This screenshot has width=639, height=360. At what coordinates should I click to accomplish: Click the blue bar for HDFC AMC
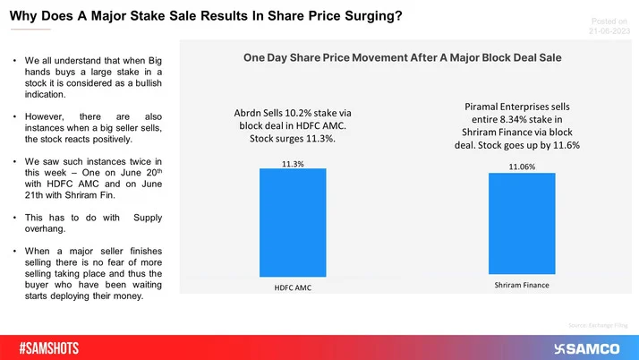point(294,225)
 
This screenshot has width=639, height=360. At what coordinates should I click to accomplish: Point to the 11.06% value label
point(522,167)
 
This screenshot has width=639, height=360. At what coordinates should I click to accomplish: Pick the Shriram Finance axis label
point(523,286)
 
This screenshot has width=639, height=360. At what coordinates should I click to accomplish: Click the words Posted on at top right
point(611,19)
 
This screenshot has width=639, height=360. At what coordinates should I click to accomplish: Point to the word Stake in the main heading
point(163,16)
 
